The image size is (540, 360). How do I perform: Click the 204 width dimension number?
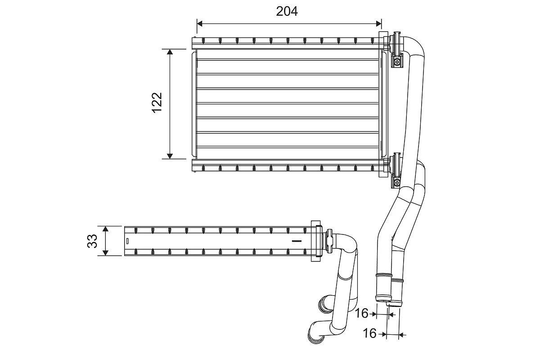287,11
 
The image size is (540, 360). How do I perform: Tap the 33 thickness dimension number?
92,241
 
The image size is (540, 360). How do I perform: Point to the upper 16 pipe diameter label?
361,313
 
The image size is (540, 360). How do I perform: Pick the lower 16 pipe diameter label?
369,333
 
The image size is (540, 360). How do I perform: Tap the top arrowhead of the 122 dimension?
170,52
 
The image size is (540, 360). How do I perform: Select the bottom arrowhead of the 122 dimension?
170,156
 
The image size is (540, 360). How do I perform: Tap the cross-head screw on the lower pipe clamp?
397,183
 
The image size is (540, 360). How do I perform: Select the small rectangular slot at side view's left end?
127,241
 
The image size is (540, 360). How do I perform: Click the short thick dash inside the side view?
296,241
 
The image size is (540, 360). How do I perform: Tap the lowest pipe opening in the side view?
312,336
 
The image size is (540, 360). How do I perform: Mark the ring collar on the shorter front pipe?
397,280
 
